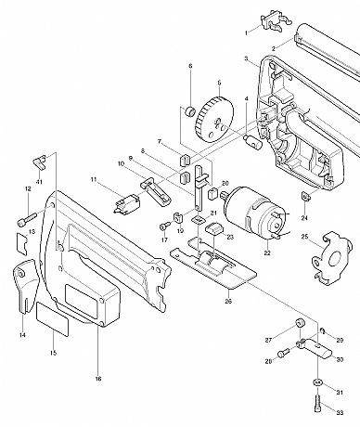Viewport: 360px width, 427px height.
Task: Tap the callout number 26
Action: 228,301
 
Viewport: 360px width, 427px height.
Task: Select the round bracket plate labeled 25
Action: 331,258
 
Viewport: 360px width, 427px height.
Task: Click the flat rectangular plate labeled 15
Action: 53,319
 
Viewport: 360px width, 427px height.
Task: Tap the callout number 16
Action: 98,379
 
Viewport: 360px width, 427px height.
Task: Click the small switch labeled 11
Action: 127,202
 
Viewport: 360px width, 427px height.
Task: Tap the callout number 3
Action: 246,58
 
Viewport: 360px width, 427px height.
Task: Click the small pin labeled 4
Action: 252,141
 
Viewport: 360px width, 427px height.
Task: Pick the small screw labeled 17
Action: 165,226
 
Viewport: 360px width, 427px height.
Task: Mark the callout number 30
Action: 340,360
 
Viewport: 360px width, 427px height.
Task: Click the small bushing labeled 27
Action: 299,324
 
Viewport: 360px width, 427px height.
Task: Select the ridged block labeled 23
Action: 214,229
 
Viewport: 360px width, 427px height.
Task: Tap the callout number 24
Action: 304,218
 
